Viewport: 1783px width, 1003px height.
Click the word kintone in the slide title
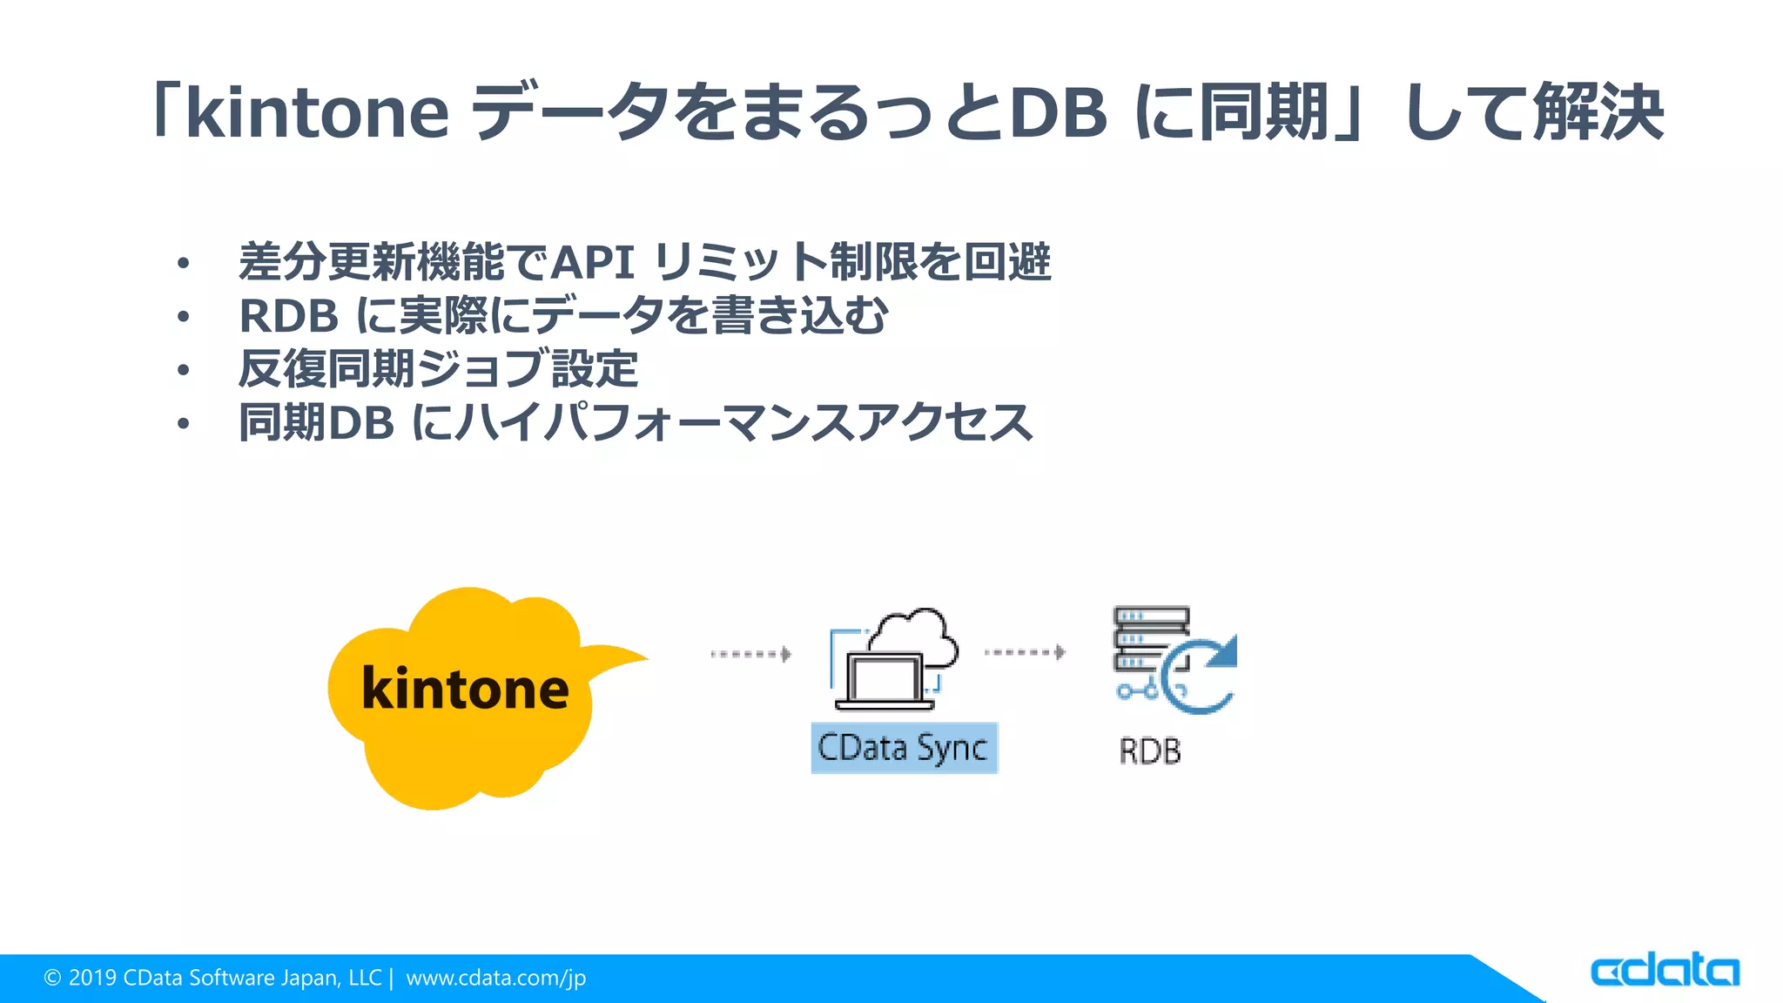[x=318, y=113]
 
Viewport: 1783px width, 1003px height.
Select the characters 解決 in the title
[x=1598, y=113]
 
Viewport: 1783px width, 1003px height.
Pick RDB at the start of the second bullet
[x=288, y=316]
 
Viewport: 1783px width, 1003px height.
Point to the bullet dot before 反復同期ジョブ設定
[x=183, y=371]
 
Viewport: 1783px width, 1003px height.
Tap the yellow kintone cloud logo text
[x=465, y=689]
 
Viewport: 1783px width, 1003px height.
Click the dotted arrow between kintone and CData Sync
[x=750, y=654]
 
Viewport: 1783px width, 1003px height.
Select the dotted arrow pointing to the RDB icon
[x=1025, y=652]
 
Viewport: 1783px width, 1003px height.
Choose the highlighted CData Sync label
[x=904, y=748]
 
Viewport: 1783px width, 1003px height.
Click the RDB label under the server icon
[x=1150, y=751]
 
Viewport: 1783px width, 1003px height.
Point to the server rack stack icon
[x=1149, y=640]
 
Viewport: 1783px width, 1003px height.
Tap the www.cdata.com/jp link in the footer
[x=496, y=978]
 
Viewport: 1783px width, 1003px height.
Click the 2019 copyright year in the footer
[x=92, y=978]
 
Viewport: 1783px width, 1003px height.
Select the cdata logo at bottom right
[x=1665, y=971]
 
